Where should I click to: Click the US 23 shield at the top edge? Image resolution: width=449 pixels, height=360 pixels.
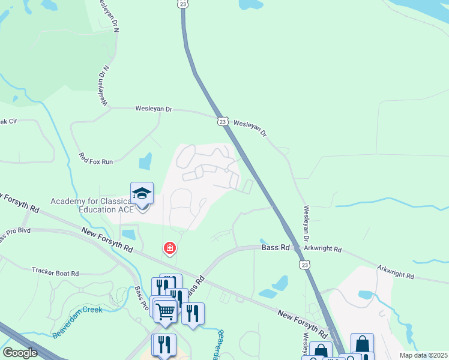pos(182,4)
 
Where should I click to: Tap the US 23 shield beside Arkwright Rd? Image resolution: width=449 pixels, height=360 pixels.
pos(305,264)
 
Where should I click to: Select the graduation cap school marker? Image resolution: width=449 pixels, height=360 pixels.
pos(142,193)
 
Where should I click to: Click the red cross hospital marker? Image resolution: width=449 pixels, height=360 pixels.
pos(170,248)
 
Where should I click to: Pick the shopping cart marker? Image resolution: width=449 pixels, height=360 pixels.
pos(165,311)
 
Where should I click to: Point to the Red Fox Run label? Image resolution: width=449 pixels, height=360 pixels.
pos(95,158)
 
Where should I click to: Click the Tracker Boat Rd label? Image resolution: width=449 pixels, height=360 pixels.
pos(55,273)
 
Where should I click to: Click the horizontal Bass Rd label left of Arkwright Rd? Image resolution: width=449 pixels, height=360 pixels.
pos(276,247)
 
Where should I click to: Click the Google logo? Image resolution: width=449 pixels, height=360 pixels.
pos(20,353)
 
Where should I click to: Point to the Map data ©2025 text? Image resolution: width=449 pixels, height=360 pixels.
pos(423,355)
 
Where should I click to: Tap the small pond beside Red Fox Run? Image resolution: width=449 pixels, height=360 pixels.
pos(145,161)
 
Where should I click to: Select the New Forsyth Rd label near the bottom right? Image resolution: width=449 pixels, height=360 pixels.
pos(303,322)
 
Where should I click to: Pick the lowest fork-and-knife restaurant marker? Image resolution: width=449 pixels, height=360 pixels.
pos(164,345)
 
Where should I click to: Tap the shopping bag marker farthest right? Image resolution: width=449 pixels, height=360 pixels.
pos(362,344)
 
